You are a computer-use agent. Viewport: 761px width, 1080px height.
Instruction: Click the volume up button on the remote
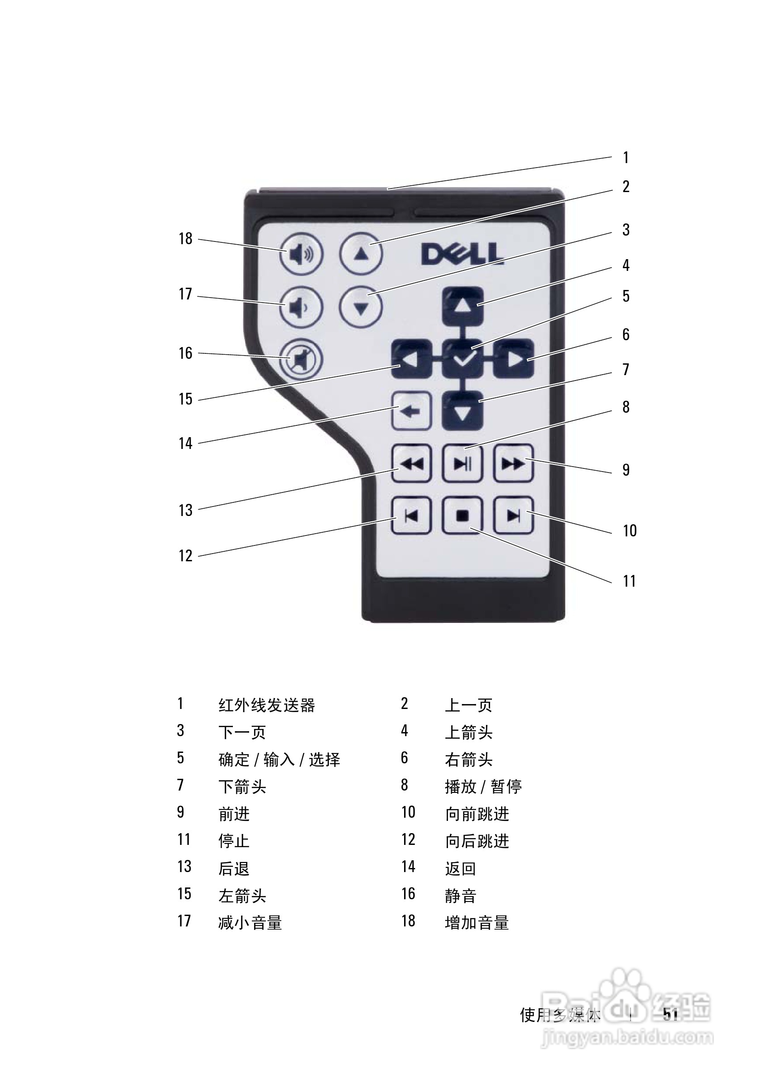coord(301,255)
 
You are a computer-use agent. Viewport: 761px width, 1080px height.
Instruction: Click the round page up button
coord(361,254)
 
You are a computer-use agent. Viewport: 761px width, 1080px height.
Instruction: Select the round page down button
coord(361,308)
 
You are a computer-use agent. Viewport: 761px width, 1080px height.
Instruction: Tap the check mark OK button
coord(463,359)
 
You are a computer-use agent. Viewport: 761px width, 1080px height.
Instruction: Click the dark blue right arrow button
coord(514,359)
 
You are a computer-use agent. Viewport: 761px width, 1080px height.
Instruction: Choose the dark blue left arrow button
coord(412,359)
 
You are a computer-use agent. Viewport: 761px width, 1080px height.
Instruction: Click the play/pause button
coord(463,464)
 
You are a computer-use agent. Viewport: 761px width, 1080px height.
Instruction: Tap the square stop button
coord(463,516)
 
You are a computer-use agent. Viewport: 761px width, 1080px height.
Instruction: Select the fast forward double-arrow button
coord(514,464)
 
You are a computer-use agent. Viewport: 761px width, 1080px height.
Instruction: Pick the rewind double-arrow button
coord(412,464)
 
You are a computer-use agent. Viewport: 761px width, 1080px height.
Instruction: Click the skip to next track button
coord(514,516)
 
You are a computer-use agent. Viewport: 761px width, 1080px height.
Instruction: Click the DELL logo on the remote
coord(462,254)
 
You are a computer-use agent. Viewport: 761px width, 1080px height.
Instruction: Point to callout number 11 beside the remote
coord(629,581)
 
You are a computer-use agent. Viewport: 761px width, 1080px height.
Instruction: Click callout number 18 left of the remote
coord(185,238)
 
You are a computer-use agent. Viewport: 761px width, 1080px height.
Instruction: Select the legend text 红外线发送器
coord(267,705)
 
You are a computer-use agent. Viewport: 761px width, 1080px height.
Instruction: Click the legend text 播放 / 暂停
coord(483,786)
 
